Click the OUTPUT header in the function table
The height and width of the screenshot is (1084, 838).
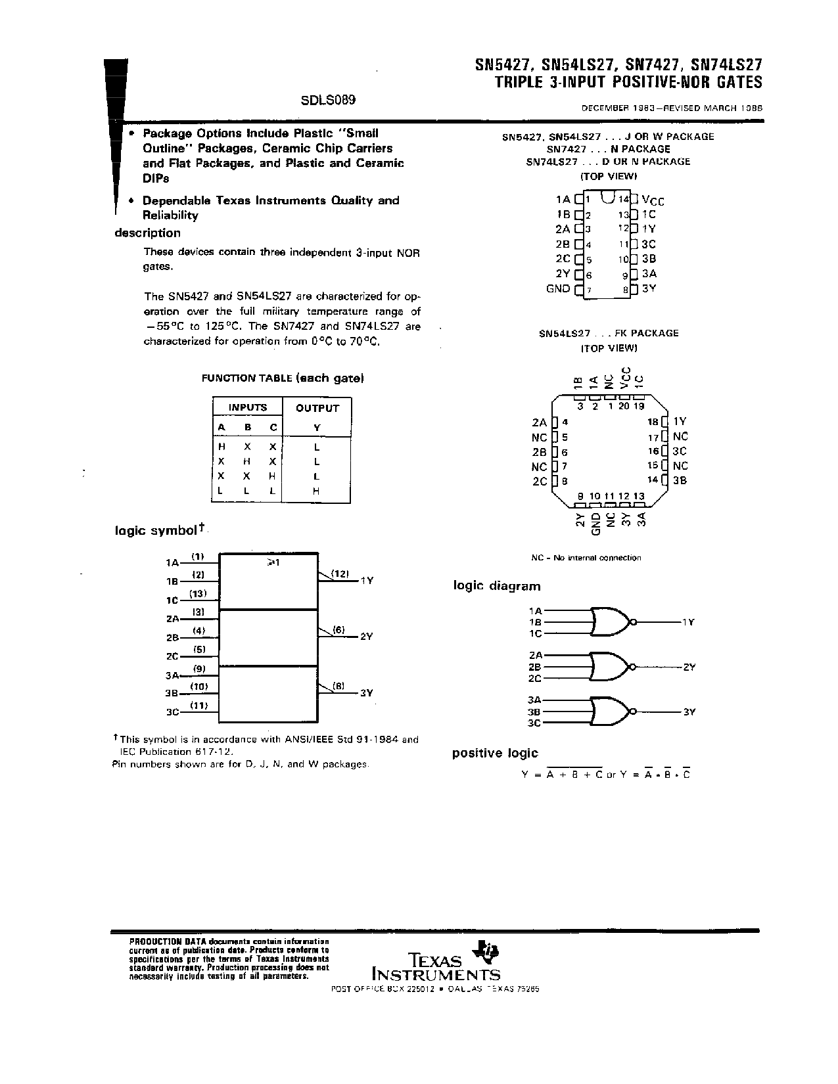(317, 408)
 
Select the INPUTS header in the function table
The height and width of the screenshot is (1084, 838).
(248, 407)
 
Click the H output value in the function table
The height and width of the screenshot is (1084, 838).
(317, 491)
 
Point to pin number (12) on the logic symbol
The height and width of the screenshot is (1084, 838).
(340, 574)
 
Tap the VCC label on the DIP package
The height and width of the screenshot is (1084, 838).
(653, 200)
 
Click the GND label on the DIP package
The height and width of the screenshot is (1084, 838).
(558, 288)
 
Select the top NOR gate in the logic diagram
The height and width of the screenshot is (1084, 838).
(612, 621)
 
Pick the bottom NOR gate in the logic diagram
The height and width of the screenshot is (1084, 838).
(612, 711)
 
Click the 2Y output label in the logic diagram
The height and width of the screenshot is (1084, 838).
(689, 667)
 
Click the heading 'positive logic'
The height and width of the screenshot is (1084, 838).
(495, 753)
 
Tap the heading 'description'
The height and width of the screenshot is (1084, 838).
(147, 233)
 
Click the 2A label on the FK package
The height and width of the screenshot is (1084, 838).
(539, 422)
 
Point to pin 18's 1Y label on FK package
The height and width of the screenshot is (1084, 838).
(680, 422)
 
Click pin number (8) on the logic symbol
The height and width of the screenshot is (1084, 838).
(338, 686)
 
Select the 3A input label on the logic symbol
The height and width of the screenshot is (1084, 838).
(172, 675)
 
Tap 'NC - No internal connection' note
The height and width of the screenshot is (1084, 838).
(586, 558)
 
